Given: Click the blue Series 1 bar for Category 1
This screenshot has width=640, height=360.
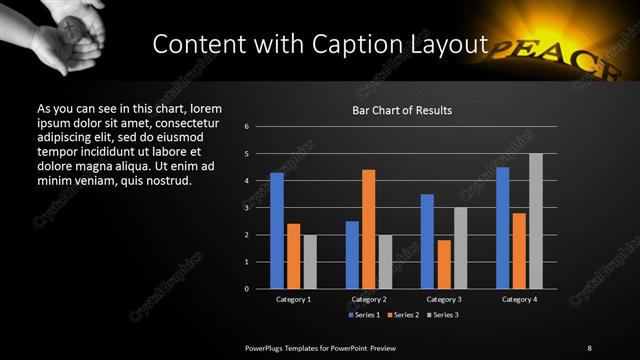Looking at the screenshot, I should tap(277, 231).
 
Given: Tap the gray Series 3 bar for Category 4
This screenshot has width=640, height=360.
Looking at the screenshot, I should tap(536, 221).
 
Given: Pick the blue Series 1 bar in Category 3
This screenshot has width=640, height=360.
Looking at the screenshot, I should tap(427, 241).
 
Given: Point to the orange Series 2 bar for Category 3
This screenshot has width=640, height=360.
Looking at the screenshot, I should tap(444, 264).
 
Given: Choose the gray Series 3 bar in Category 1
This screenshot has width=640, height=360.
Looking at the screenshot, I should tap(310, 262).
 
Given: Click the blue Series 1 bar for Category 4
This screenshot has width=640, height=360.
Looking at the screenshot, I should tap(503, 228).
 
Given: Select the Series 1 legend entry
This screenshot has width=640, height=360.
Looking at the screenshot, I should tap(364, 315).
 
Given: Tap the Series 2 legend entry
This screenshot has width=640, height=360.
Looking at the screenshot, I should tap(404, 315).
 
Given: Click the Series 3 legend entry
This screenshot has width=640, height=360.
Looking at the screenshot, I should tap(444, 315).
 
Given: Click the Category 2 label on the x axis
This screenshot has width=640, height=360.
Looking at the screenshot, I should tap(369, 299).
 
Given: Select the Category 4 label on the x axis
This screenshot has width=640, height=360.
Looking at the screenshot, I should tap(520, 299).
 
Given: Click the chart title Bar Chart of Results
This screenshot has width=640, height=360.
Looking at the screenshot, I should tap(402, 110).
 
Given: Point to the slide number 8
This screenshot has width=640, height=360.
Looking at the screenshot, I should tap(589, 347).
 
